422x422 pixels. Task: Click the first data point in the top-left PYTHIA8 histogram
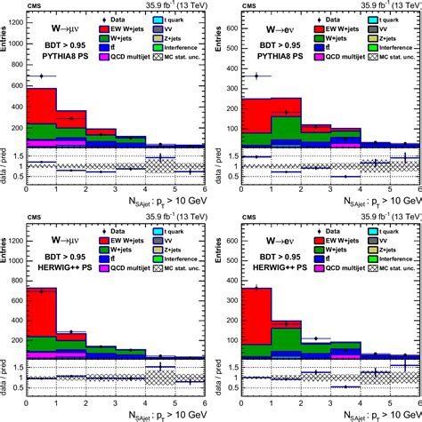[x=41, y=76]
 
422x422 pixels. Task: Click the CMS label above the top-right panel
[x=233, y=5]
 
